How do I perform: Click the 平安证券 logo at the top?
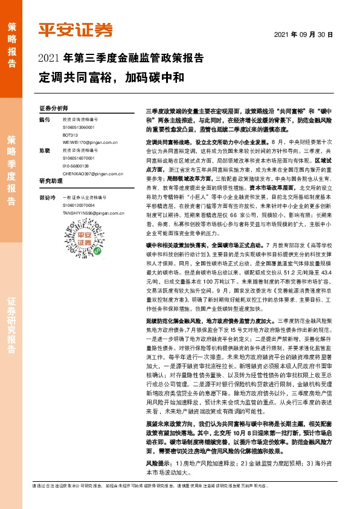pos(76,30)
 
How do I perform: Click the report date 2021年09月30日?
pos(317,34)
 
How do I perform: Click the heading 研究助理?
pos(51,181)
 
